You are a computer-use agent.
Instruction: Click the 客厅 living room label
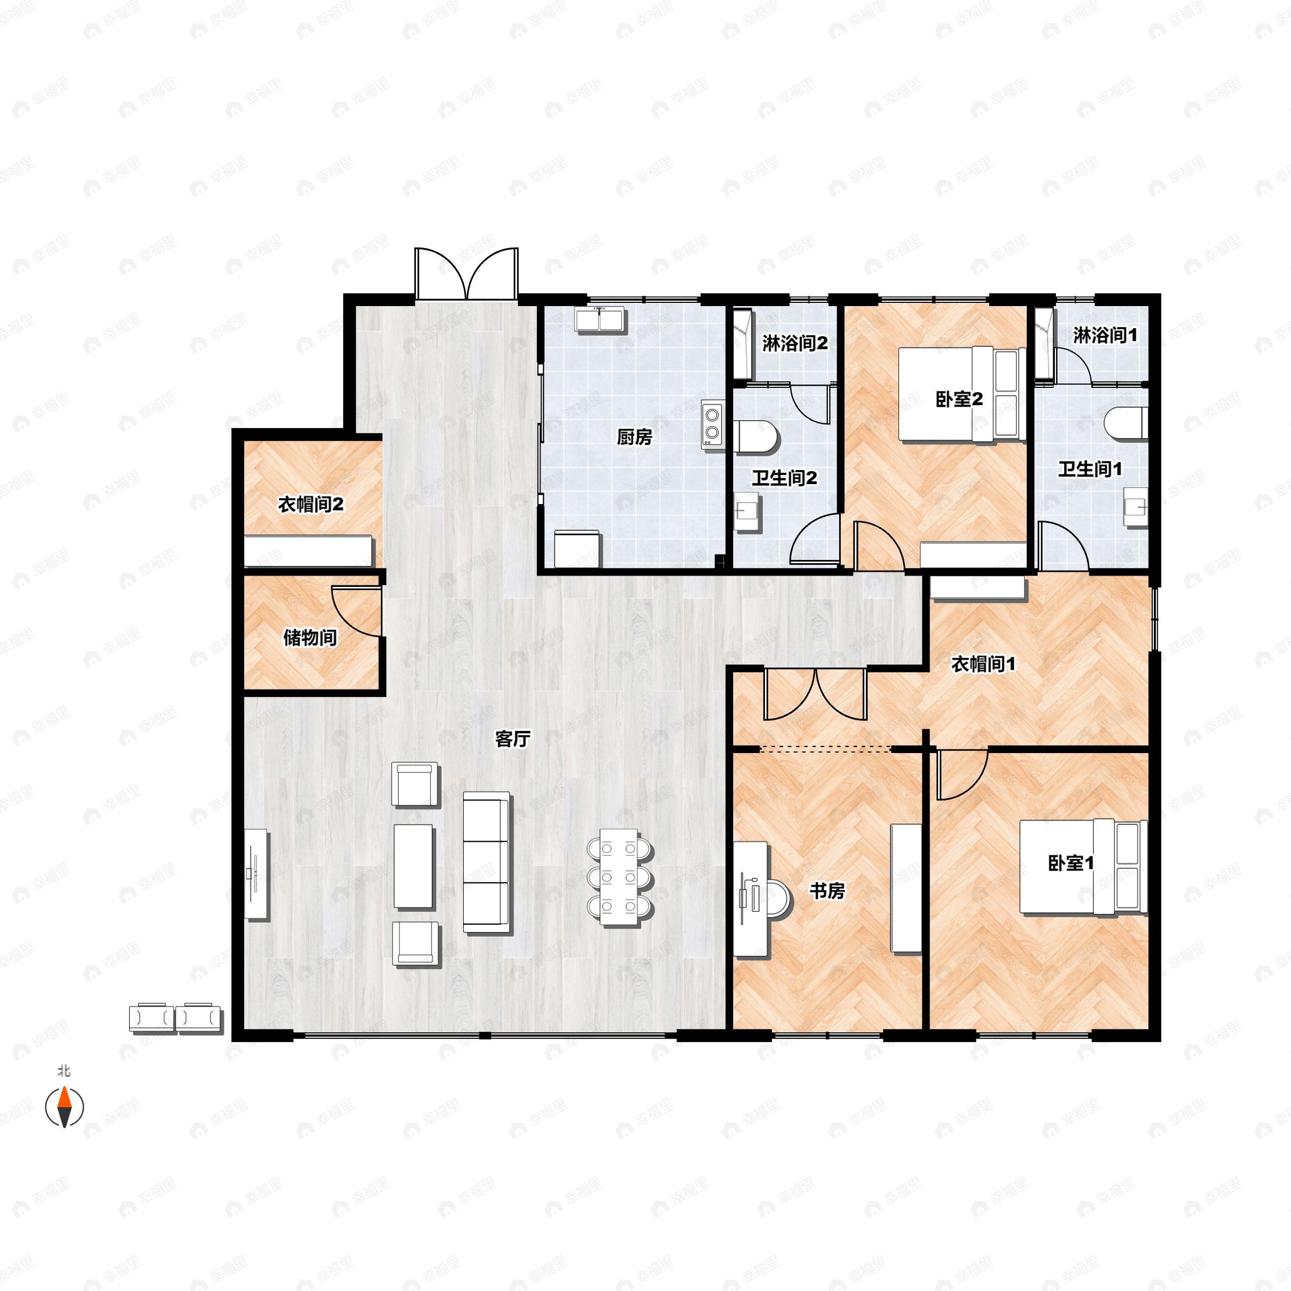(x=513, y=739)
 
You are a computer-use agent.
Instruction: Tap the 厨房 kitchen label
(x=634, y=437)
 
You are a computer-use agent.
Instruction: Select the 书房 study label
(x=827, y=890)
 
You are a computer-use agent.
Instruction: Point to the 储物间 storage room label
(x=309, y=637)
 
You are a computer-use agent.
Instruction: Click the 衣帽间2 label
(x=311, y=505)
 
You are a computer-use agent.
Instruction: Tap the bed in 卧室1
(x=1082, y=867)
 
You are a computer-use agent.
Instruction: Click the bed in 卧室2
(x=962, y=394)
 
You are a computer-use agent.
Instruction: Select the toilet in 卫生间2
(x=756, y=436)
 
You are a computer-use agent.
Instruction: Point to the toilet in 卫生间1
(x=1126, y=424)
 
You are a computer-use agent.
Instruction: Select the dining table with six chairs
(x=620, y=877)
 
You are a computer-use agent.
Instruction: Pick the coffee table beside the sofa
(x=414, y=866)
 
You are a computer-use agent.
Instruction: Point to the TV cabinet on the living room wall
(x=256, y=874)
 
